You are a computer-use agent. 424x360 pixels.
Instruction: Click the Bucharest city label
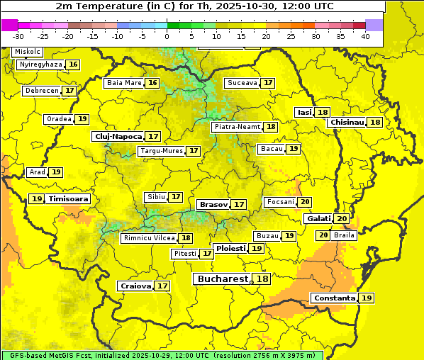pyautogui.click(x=223, y=279)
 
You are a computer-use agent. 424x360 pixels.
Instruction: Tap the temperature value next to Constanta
pyautogui.click(x=367, y=298)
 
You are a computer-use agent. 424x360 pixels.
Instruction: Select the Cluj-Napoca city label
pyautogui.click(x=118, y=136)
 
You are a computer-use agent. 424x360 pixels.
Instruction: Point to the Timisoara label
pyautogui.click(x=69, y=199)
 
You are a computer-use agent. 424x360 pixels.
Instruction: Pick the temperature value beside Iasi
pyautogui.click(x=323, y=113)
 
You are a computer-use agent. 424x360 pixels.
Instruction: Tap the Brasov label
pyautogui.click(x=213, y=204)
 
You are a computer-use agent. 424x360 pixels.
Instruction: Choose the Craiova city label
pyautogui.click(x=135, y=286)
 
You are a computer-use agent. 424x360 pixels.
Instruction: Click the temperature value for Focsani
pyautogui.click(x=305, y=202)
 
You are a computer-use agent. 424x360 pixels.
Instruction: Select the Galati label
pyautogui.click(x=318, y=218)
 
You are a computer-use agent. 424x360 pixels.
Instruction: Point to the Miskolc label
pyautogui.click(x=28, y=52)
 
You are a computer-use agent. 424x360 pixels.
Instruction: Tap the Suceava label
pyautogui.click(x=242, y=83)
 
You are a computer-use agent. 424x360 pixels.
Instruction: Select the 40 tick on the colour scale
pyautogui.click(x=365, y=36)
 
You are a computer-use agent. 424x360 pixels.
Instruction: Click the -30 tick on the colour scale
pyautogui.click(x=18, y=36)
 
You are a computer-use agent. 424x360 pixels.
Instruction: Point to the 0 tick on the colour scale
pyautogui.click(x=167, y=36)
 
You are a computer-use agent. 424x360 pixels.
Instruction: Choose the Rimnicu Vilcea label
pyautogui.click(x=149, y=238)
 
